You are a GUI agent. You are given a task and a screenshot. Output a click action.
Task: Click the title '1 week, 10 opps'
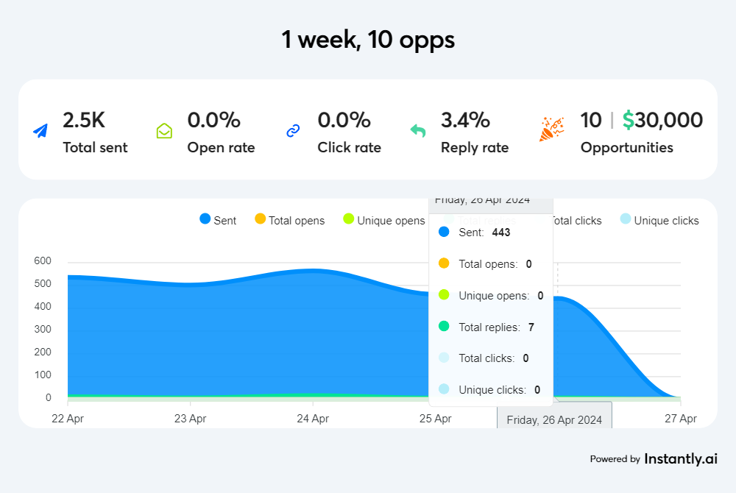coord(368,39)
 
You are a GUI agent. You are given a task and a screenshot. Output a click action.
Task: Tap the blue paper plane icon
coord(40,131)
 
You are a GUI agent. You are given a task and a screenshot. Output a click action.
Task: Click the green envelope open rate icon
coord(164,131)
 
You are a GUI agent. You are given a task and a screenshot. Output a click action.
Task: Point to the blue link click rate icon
coord(293,131)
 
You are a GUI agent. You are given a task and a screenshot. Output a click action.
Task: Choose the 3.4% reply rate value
coord(465,120)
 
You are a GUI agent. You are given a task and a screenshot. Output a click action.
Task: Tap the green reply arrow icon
coord(418,131)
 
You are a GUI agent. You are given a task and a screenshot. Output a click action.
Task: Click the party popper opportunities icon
coord(552,129)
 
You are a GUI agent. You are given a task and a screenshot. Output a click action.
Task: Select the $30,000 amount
coord(662,120)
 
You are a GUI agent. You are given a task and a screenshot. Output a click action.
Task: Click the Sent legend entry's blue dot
coord(205,219)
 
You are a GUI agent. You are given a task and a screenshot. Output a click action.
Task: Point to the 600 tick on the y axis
coord(43,260)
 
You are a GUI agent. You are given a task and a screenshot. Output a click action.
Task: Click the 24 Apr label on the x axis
coord(313,419)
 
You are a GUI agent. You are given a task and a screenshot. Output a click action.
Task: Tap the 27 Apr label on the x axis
coord(681,419)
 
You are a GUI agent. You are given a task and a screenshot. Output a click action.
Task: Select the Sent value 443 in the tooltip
coord(501,233)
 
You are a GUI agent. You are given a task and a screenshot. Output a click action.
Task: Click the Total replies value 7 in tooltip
coord(531,327)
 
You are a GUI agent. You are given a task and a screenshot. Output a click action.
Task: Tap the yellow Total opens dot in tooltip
coord(444,263)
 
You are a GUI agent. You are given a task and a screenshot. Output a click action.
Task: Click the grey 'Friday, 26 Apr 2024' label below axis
coord(555,419)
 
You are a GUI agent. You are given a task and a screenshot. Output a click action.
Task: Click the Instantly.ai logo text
coord(681,458)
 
